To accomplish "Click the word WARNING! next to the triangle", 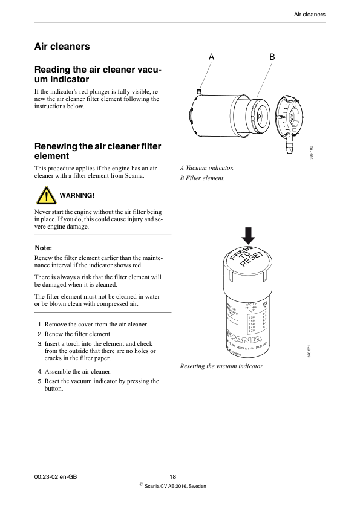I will [77, 196].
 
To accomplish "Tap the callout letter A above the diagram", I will [211, 56].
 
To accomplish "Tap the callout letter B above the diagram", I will [272, 56].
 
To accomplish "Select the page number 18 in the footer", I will [172, 477].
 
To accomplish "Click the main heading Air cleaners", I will [62, 47].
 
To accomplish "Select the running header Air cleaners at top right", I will [310, 14].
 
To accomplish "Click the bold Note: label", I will [44, 248].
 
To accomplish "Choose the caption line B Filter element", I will [203, 178].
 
